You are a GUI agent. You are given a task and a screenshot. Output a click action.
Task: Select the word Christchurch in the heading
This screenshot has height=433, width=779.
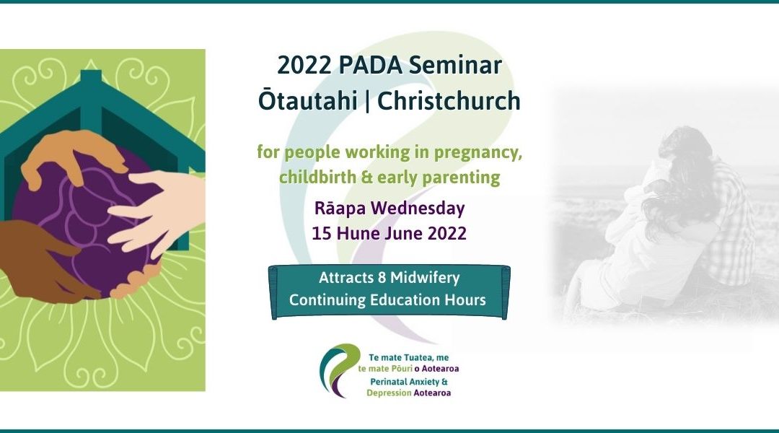pos(449,100)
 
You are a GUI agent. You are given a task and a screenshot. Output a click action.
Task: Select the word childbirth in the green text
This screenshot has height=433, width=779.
pos(314,178)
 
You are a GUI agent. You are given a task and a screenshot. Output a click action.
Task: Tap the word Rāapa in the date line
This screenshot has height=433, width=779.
pos(338,209)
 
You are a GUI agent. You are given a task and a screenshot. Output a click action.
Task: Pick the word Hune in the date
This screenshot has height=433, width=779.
pos(354,233)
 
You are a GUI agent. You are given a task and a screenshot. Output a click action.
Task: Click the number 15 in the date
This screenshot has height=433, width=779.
pos(322,233)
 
